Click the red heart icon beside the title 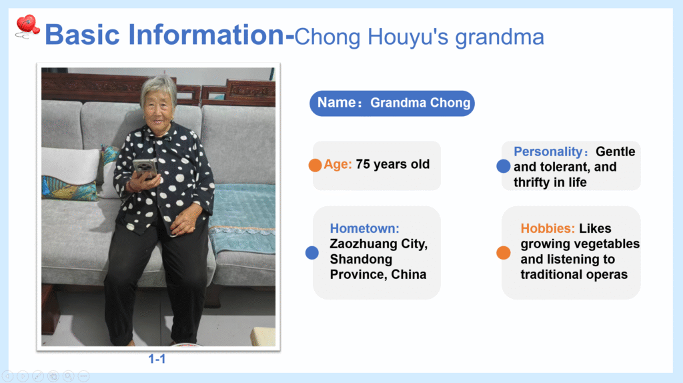pos(27,26)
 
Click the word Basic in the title pos(82,35)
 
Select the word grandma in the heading pos(500,37)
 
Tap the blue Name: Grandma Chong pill pos(392,103)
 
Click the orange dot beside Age pos(315,165)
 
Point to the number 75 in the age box pos(363,164)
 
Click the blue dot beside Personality pos(503,166)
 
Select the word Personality pos(548,151)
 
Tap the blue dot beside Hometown pos(312,253)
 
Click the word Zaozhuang pos(364,244)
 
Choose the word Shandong pos(361,260)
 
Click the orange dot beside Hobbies pos(503,253)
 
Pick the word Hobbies pos(548,228)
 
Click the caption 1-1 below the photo pos(157,359)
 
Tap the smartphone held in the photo pos(145,169)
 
